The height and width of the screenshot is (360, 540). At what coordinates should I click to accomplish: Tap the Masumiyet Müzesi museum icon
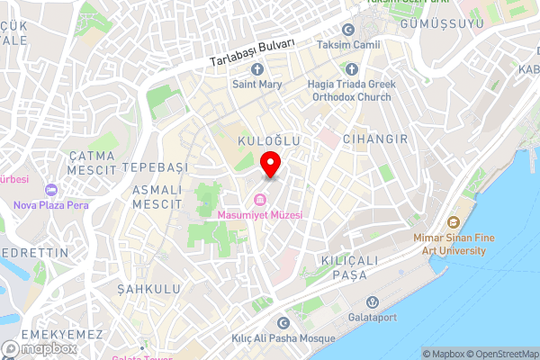[x=260, y=200]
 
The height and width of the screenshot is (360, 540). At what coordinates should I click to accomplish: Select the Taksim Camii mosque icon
[x=348, y=30]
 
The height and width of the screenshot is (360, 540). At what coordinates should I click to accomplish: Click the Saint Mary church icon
[x=257, y=69]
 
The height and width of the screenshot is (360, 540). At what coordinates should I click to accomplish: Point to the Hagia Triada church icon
[x=351, y=69]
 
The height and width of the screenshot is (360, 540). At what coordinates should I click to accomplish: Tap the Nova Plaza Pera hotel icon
[x=50, y=190]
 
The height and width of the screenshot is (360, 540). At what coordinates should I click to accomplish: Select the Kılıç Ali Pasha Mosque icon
[x=283, y=323]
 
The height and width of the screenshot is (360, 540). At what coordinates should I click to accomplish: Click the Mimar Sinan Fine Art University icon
[x=454, y=222]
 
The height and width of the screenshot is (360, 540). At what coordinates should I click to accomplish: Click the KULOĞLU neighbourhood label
[x=267, y=142]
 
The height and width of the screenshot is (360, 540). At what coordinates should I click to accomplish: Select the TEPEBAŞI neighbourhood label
[x=155, y=168]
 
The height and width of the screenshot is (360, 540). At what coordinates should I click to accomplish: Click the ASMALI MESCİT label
[x=157, y=197]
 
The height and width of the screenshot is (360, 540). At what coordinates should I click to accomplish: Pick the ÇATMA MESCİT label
[x=93, y=162]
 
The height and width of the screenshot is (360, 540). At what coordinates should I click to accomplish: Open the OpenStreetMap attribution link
[x=500, y=354]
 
